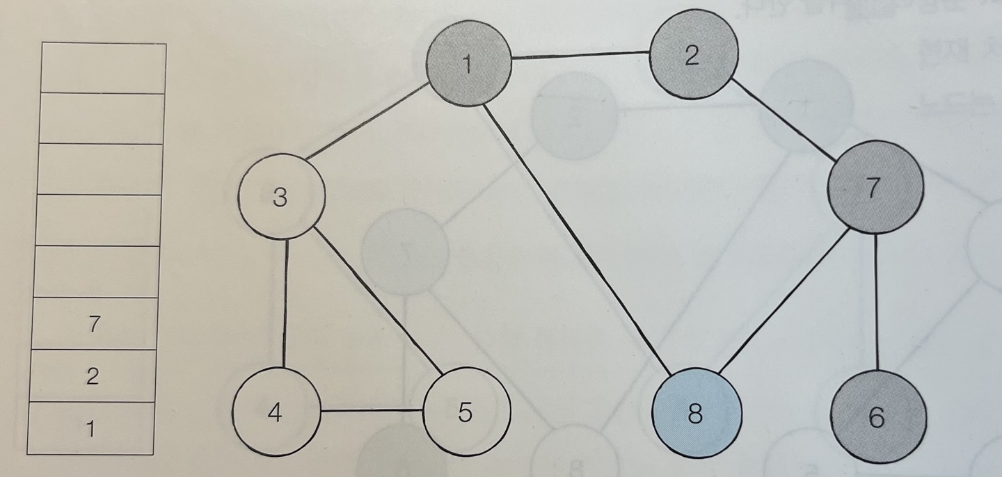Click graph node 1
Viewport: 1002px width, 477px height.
(x=468, y=63)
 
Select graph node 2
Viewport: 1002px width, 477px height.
(x=693, y=54)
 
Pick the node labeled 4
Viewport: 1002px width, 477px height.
(x=276, y=412)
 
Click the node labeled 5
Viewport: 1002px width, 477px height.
(x=466, y=412)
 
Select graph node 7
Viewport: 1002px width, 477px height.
(x=875, y=188)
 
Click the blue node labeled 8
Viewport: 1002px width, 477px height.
(x=696, y=414)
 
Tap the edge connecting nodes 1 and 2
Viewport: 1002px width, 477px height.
(x=580, y=56)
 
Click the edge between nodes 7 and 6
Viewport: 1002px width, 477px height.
(x=876, y=300)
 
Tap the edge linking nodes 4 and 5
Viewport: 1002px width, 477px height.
(x=372, y=410)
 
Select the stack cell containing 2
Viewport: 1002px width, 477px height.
(x=93, y=375)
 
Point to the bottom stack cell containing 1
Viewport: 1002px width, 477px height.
(x=90, y=428)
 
